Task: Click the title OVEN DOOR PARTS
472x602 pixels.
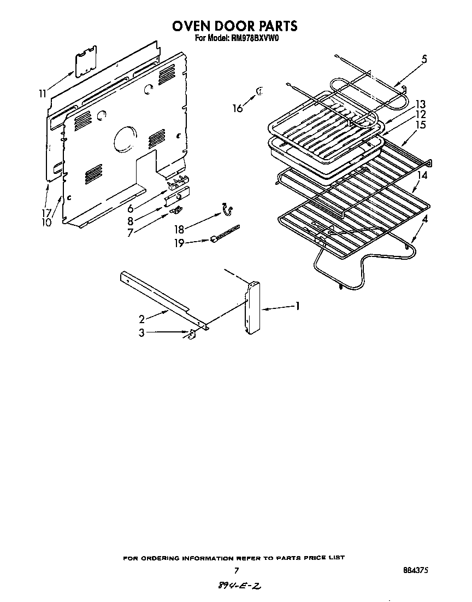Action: click(x=235, y=26)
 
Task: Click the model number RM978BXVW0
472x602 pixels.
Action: click(x=254, y=38)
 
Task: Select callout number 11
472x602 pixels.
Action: click(x=43, y=93)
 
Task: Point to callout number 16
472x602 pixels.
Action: click(x=237, y=108)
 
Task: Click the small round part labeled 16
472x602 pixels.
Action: click(x=259, y=91)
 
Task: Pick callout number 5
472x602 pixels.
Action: click(x=424, y=60)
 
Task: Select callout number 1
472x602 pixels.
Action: click(x=297, y=306)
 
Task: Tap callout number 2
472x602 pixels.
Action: click(x=141, y=319)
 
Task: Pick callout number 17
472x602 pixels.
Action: click(x=48, y=213)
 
